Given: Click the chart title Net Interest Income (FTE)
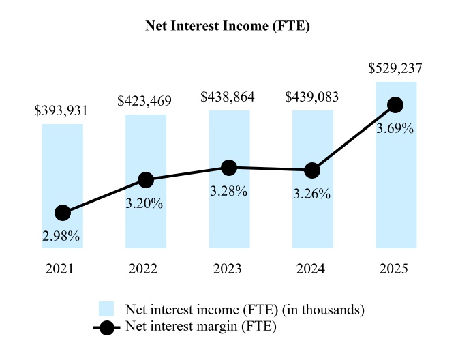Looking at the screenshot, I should pyautogui.click(x=229, y=27).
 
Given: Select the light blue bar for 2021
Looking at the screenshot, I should pyautogui.click(x=63, y=164).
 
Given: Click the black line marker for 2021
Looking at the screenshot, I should pyautogui.click(x=63, y=213).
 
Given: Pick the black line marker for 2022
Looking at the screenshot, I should pyautogui.click(x=146, y=180).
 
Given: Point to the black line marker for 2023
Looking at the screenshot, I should pyautogui.click(x=229, y=168).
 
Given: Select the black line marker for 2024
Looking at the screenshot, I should pyautogui.click(x=312, y=170).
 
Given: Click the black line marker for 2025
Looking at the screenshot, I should pyautogui.click(x=395, y=105).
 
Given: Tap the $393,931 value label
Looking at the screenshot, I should pyautogui.click(x=61, y=111).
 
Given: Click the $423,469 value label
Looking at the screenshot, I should pyautogui.click(x=144, y=102).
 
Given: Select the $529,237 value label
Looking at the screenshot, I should pyautogui.click(x=395, y=69).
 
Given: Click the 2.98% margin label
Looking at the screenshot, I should pyautogui.click(x=61, y=237).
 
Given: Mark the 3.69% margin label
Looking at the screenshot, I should pyautogui.click(x=395, y=128).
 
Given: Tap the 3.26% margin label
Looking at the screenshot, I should pyautogui.click(x=311, y=194).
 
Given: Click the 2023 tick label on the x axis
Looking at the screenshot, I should pyautogui.click(x=229, y=269).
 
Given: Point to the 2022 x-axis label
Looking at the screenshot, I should pyautogui.click(x=146, y=269).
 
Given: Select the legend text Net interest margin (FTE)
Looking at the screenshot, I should pyautogui.click(x=200, y=327).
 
